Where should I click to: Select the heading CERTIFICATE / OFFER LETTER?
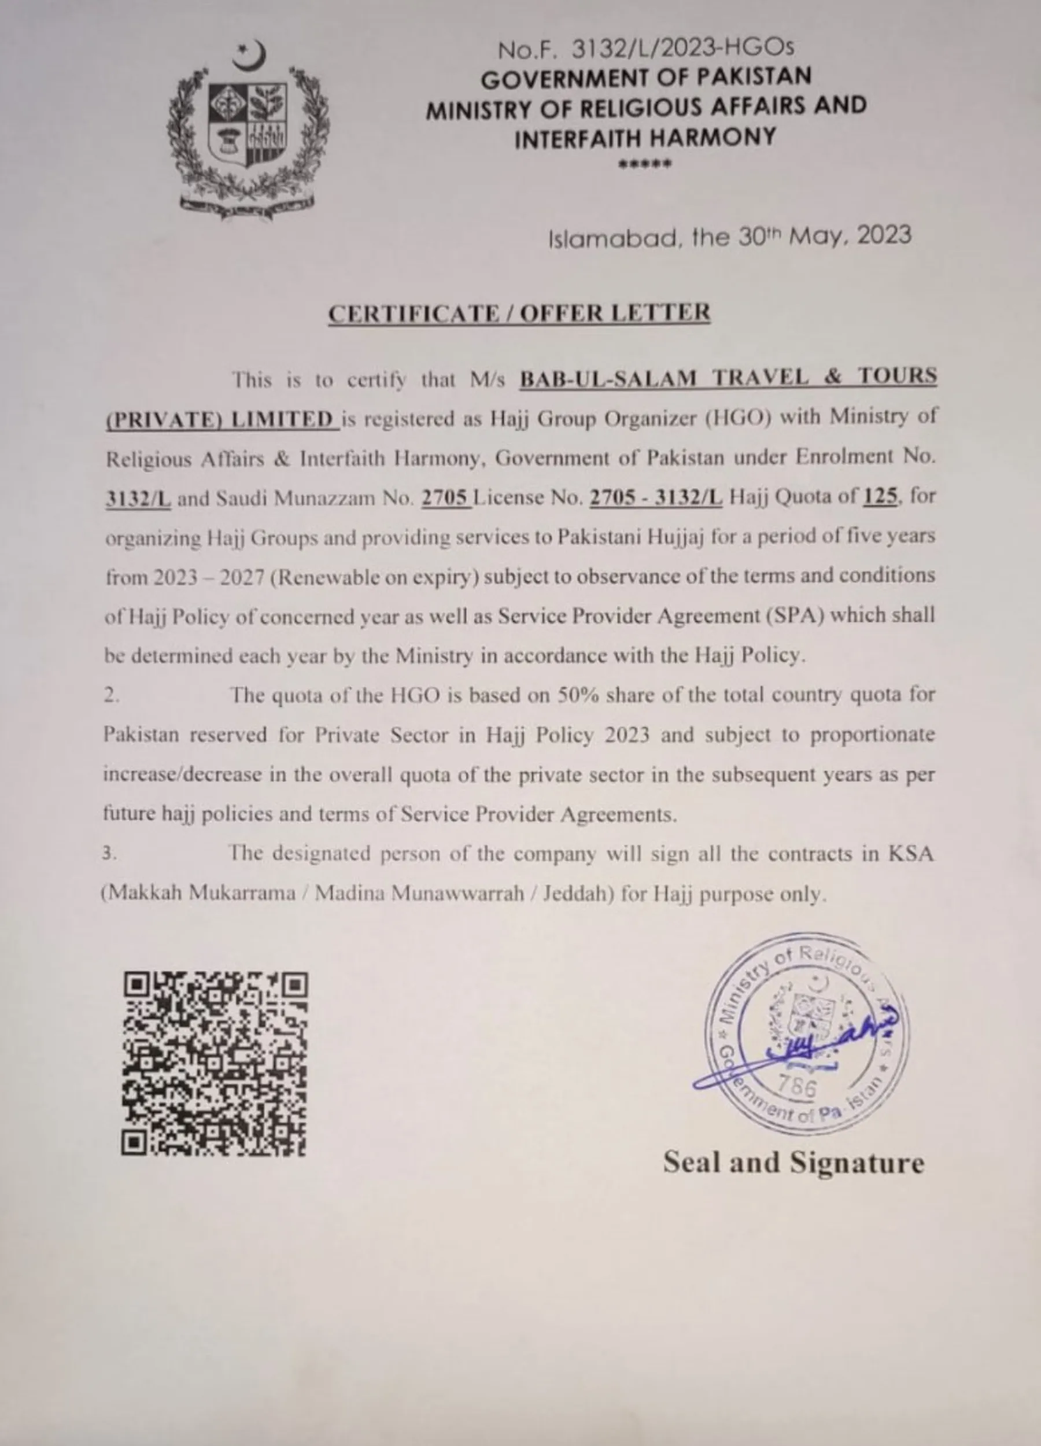(x=519, y=313)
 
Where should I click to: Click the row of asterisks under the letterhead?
(x=645, y=164)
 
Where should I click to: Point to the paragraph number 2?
(x=111, y=696)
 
